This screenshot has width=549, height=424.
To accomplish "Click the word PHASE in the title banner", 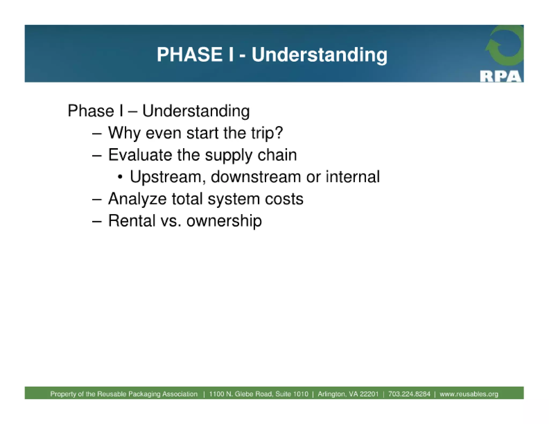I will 189,54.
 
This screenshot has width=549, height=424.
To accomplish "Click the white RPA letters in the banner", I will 500,77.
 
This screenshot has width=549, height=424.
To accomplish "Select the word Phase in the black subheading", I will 91,111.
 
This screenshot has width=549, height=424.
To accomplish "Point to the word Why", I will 124,133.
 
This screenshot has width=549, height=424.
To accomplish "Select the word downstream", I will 256,177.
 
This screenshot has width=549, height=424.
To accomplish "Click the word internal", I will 353,177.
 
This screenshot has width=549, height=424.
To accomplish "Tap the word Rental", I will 131,221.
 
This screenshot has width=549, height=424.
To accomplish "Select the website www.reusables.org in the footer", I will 469,394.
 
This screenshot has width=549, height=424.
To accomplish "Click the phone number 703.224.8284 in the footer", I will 409,394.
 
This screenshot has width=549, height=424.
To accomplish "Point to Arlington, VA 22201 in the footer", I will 348,394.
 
